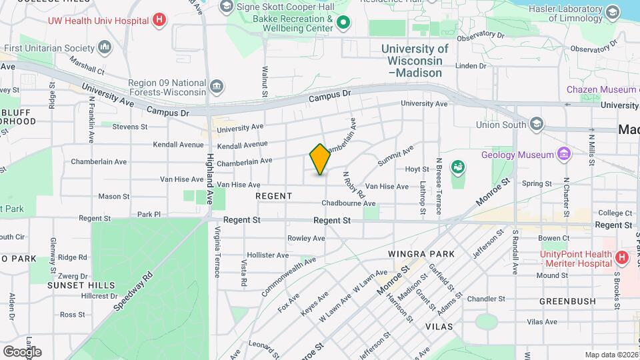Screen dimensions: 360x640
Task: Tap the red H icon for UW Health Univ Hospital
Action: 159,20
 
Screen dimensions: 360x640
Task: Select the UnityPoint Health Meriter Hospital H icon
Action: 621,257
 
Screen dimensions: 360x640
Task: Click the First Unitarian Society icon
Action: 105,48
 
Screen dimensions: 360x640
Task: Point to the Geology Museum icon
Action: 565,155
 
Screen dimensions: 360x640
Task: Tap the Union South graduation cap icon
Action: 537,125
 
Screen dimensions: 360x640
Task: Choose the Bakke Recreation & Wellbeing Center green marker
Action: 343,23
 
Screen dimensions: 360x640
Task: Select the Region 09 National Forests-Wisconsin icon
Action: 217,87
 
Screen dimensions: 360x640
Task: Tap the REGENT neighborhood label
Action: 273,196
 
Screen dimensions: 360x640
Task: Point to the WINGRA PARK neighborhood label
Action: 421,254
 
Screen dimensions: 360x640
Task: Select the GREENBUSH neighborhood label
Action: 567,301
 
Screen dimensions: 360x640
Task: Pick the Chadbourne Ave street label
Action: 348,203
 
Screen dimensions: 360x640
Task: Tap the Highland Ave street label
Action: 210,170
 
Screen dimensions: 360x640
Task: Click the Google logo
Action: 22,352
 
